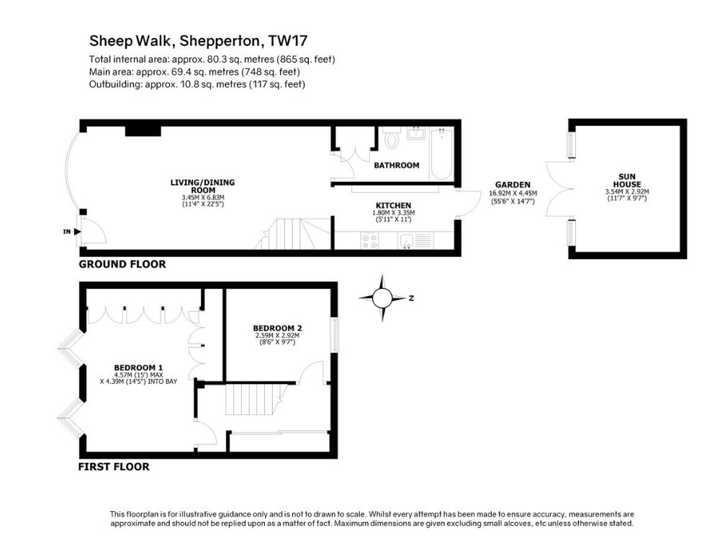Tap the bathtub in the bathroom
coord(441,155)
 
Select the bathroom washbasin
coord(416,134)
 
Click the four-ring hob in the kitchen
coord(370,240)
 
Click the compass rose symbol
coord(382,298)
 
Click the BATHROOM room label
coord(397,165)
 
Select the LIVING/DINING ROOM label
coord(202,186)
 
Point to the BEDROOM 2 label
coord(278,328)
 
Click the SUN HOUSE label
coord(627,180)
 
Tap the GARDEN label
coord(513,185)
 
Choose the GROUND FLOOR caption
coord(122,264)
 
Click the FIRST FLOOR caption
coord(114,467)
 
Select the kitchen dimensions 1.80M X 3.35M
coord(393,213)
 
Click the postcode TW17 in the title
coord(288,41)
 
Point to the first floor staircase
coord(256,399)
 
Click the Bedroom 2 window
coord(335,334)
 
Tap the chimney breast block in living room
coord(143,131)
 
